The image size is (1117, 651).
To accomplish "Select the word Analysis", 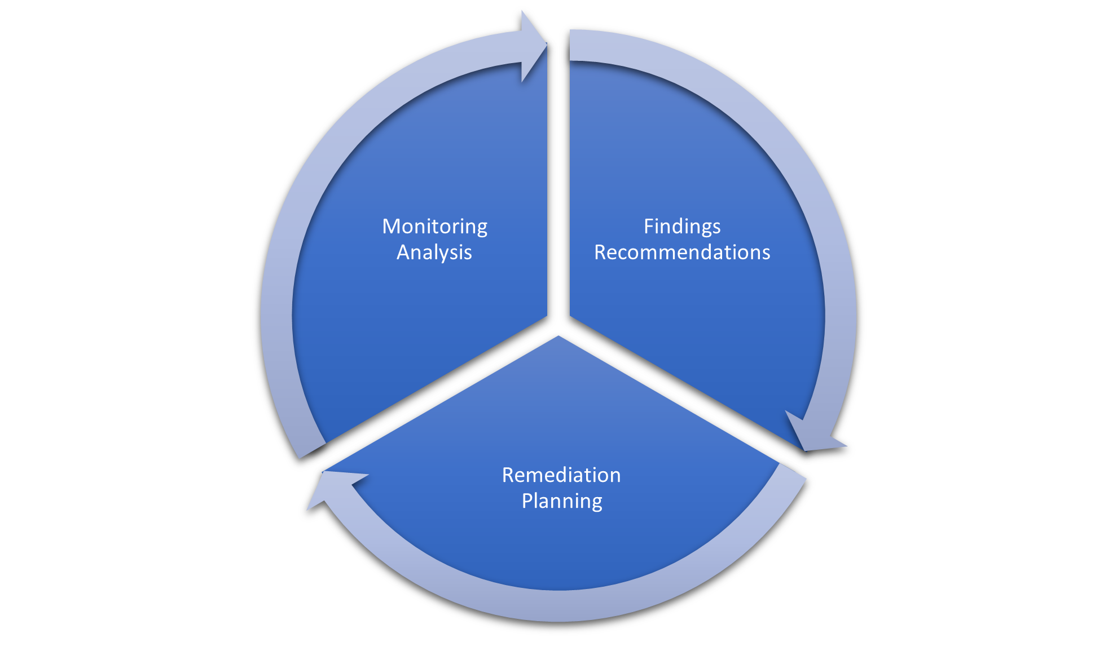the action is [434, 253].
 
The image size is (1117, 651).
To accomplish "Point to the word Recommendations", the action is [682, 253].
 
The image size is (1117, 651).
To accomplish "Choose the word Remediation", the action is [561, 475].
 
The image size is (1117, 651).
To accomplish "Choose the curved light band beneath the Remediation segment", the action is [558, 606].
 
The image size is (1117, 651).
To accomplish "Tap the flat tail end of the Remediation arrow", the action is [793, 471].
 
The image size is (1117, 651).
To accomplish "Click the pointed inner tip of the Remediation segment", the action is [558, 336].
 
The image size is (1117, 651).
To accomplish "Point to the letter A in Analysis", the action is [404, 253].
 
